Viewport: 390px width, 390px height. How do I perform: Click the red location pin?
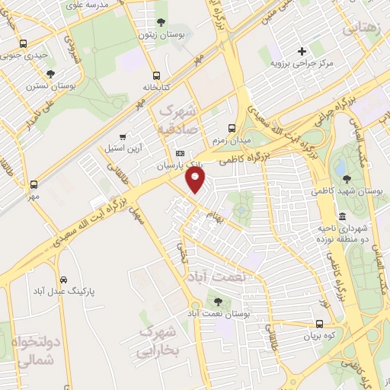197,181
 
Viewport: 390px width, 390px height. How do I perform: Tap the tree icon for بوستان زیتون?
160,22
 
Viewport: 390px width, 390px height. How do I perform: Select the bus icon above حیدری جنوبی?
24,43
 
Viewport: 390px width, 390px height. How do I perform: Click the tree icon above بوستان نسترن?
51,74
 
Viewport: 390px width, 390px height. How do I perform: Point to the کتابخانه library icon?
156,75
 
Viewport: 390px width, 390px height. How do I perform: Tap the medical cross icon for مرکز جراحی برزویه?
302,51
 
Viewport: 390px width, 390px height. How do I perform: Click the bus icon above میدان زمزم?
232,129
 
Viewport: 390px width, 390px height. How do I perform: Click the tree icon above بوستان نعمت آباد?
219,302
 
